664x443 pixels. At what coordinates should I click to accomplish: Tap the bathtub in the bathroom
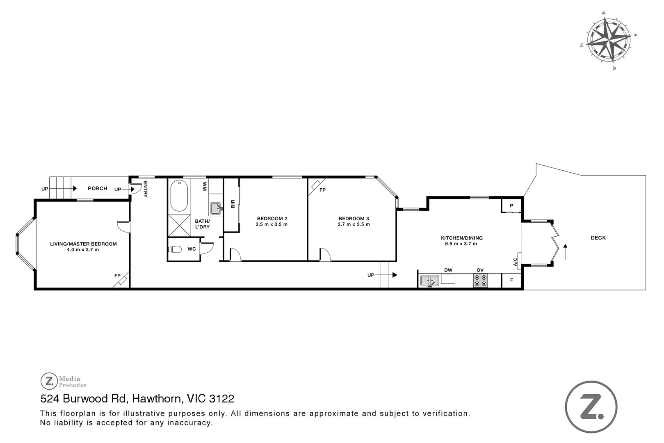point(179,195)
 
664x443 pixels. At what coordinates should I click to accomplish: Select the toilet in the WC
point(175,249)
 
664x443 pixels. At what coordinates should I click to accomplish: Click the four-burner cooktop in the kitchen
point(480,281)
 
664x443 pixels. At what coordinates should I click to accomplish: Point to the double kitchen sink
point(429,280)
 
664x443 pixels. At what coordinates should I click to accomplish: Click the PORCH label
point(98,188)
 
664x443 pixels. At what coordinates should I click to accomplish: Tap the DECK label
point(598,237)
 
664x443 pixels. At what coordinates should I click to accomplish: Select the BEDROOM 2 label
point(272,219)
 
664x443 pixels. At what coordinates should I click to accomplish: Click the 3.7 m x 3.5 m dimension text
point(354,224)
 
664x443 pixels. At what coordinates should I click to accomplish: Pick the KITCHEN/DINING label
point(461,238)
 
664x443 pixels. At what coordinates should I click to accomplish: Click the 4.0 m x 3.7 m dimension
point(83,250)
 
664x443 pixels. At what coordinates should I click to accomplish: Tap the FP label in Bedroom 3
point(322,190)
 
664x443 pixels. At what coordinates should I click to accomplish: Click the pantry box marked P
point(511,206)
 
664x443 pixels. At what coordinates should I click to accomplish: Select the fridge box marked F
point(511,280)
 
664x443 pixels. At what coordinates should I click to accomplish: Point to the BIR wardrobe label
point(233,204)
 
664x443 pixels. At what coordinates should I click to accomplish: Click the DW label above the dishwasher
point(448,270)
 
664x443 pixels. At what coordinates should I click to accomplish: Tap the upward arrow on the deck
point(565,252)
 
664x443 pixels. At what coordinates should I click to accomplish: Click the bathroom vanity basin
point(216,208)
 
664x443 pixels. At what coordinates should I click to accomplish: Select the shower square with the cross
point(179,225)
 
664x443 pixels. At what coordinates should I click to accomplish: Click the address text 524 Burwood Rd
point(83,399)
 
